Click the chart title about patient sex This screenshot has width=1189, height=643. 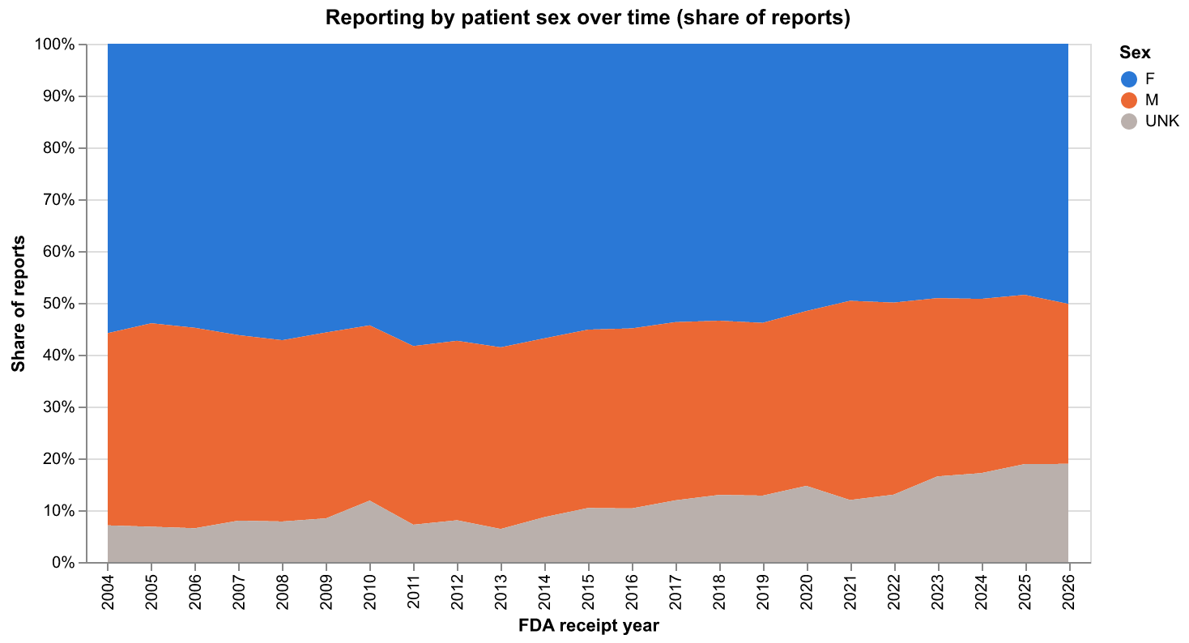[587, 18]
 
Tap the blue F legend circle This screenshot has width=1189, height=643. [1129, 79]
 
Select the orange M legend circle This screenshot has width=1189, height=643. [1129, 100]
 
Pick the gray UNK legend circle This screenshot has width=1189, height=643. [1129, 121]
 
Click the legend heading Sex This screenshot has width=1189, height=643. [1135, 53]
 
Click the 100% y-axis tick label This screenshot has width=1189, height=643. [54, 44]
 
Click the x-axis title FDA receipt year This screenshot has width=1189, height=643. [589, 626]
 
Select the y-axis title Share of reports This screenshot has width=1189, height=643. [18, 304]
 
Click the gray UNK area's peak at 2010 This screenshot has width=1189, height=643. [370, 500]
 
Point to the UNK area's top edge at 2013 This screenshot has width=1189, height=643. [501, 528]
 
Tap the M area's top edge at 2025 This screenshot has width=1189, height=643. [1025, 295]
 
